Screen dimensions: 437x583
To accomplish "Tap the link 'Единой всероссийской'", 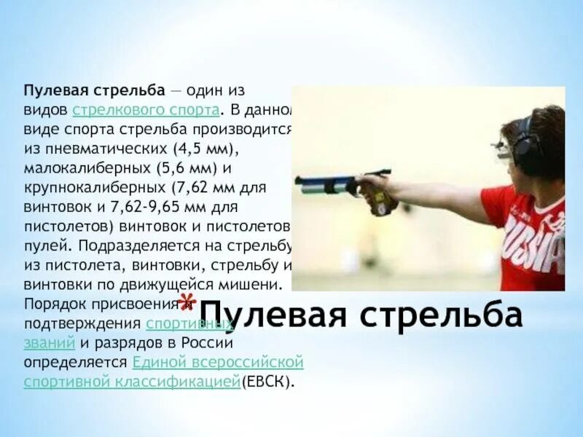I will (218, 362).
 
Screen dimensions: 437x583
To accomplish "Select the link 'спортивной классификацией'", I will (132, 381).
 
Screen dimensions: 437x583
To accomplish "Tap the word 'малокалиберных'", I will (87, 168).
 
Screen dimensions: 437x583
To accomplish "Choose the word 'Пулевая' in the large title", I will (273, 315).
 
